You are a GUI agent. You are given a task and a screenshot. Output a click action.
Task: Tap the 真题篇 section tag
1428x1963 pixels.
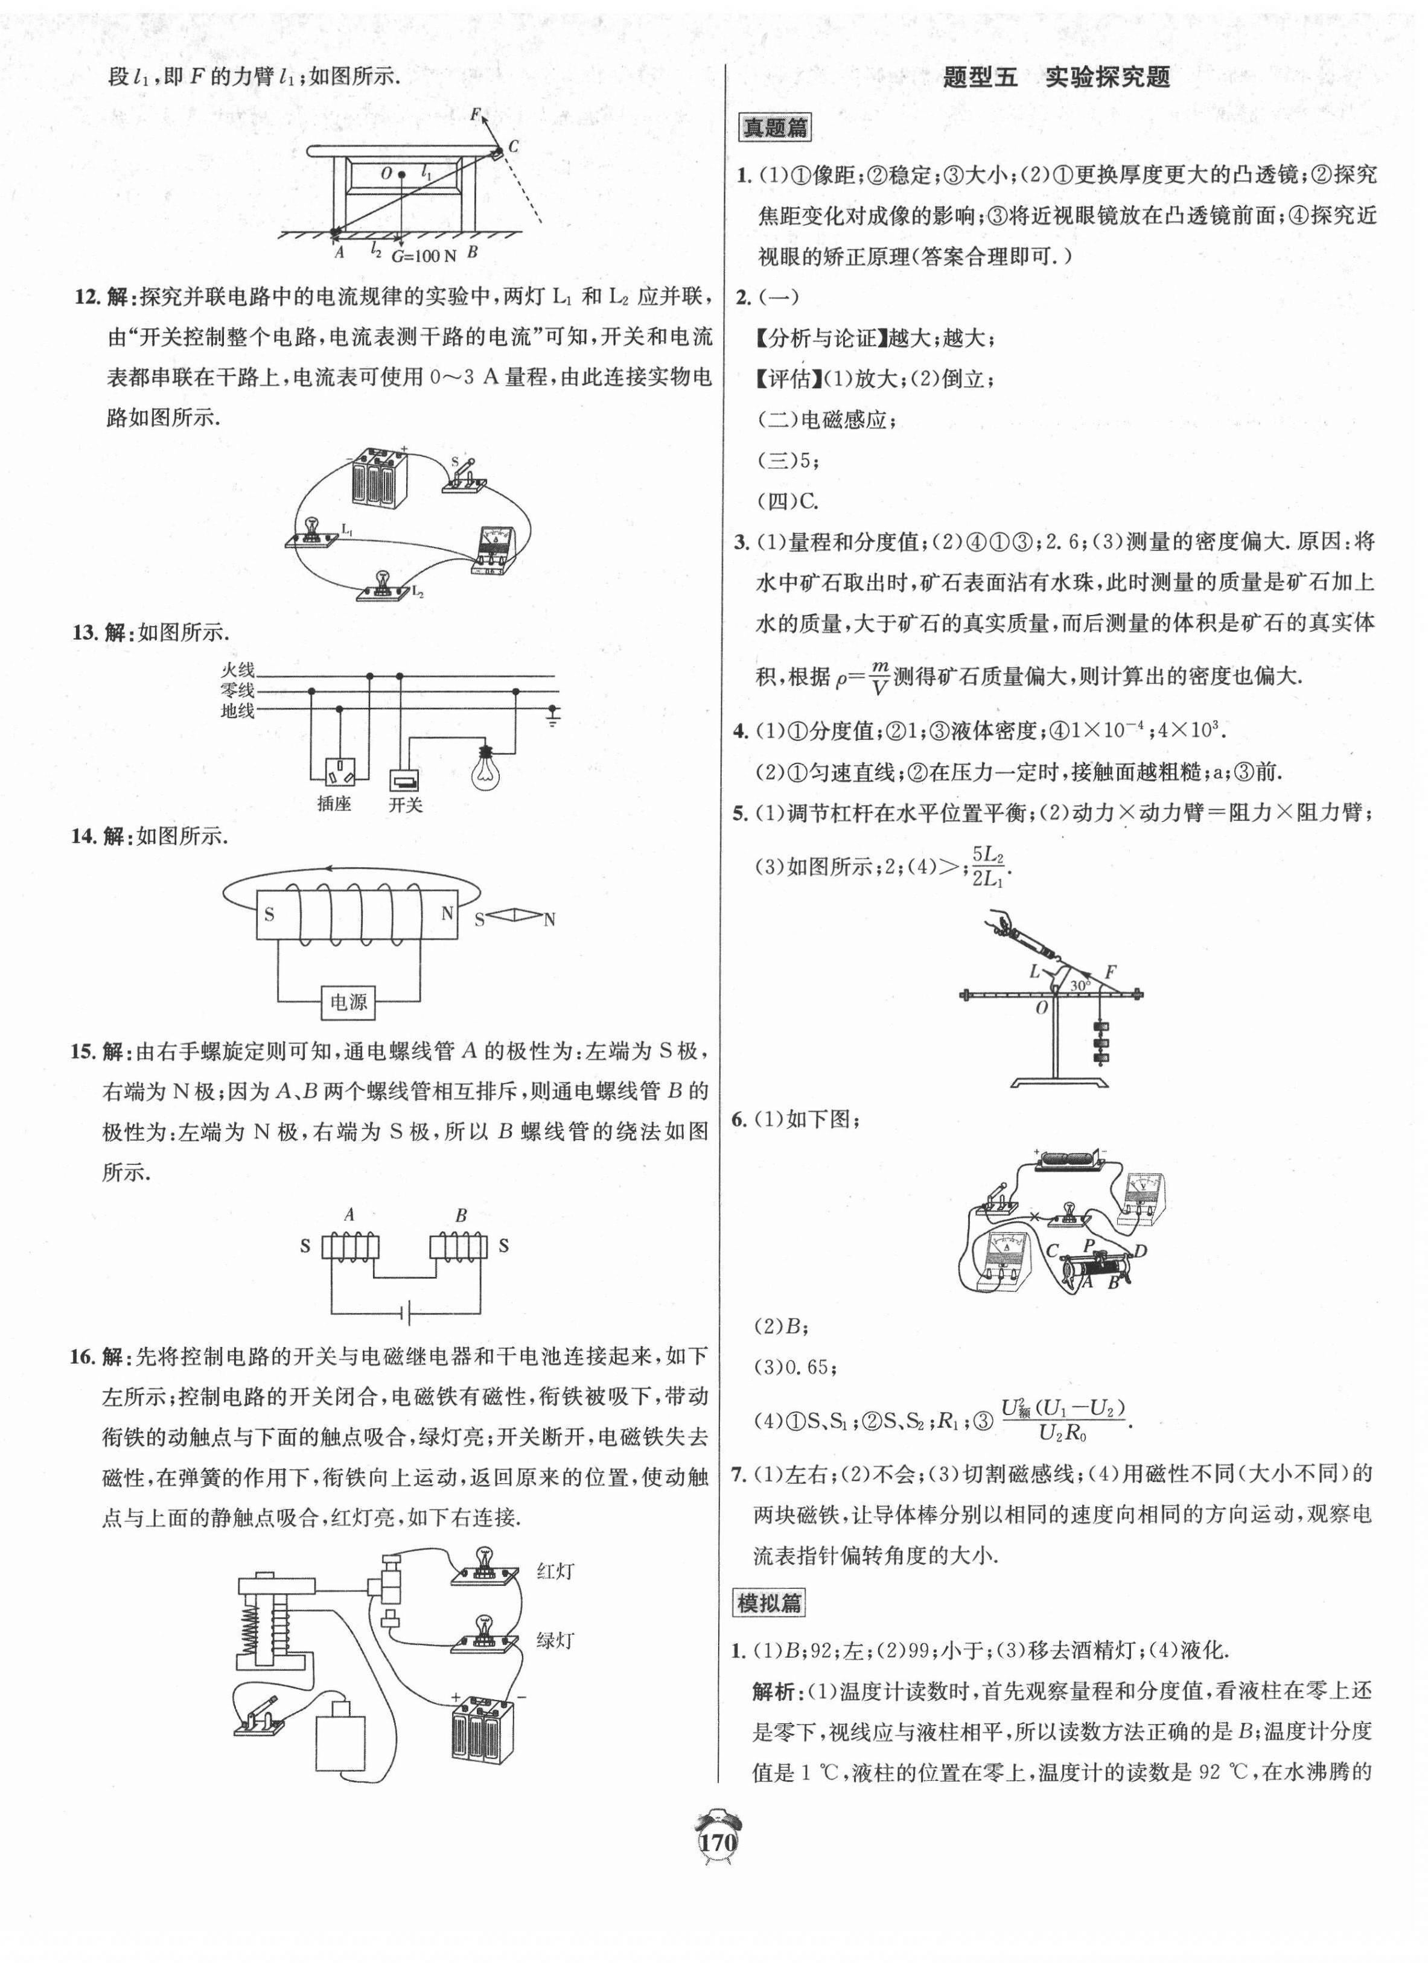click(x=774, y=128)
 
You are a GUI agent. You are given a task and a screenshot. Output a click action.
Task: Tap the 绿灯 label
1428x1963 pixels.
click(x=555, y=1640)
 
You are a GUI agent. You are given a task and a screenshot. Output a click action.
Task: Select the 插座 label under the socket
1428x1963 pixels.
click(x=334, y=803)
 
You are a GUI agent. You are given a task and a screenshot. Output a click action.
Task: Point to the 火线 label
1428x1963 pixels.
click(x=237, y=670)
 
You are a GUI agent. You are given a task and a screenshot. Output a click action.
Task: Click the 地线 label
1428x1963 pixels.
click(x=237, y=711)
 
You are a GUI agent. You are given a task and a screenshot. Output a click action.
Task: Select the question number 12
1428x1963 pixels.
click(x=88, y=297)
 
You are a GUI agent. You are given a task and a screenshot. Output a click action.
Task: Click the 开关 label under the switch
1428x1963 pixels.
click(x=405, y=803)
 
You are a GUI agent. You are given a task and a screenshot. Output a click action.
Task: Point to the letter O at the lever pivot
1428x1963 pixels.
click(x=1041, y=1008)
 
